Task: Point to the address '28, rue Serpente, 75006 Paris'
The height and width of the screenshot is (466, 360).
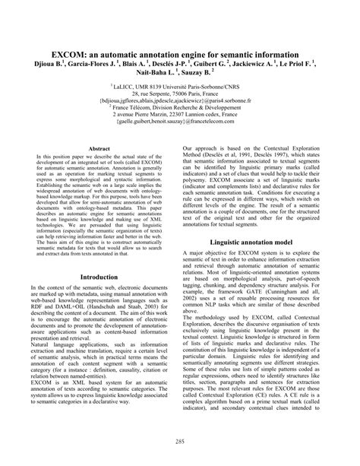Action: tap(179, 92)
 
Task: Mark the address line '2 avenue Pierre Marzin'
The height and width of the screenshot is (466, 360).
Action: tap(179, 114)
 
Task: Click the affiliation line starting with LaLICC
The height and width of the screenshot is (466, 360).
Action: tap(179, 85)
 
